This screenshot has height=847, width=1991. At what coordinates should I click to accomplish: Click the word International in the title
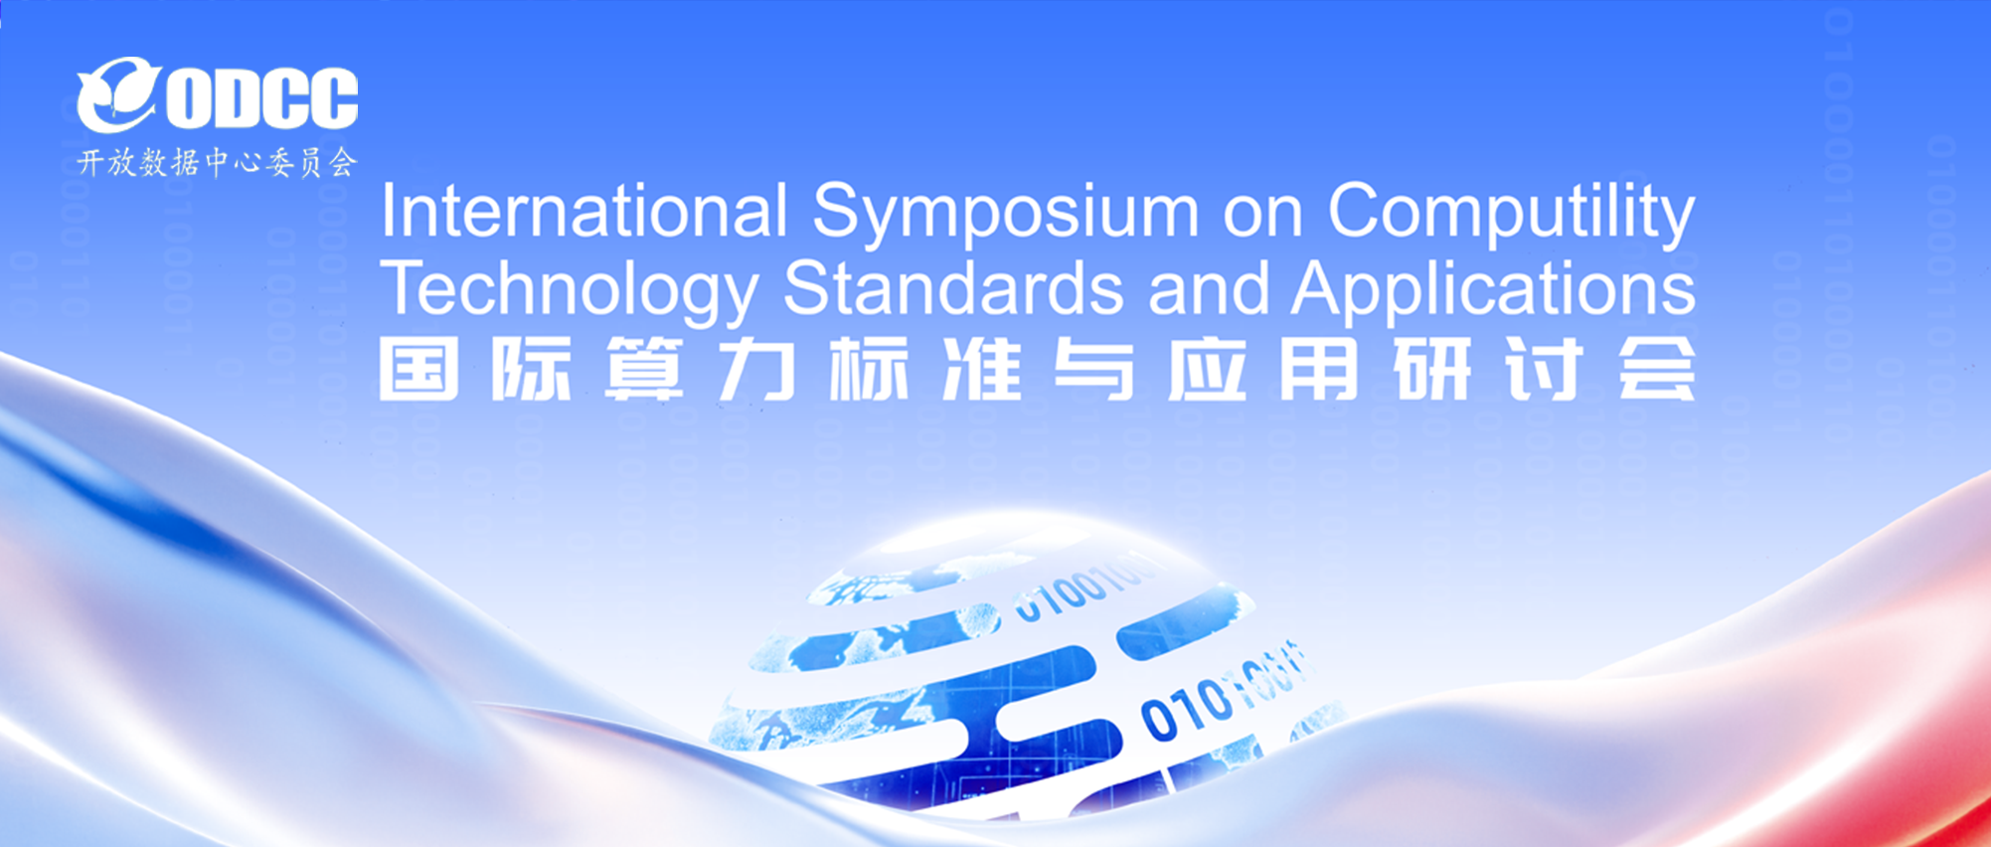point(583,211)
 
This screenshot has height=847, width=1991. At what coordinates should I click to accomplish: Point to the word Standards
point(952,288)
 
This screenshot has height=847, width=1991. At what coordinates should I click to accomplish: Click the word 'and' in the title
point(1209,288)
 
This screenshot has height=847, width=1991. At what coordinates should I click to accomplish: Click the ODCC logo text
point(261,98)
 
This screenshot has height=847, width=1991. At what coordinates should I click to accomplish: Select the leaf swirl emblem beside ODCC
point(116,94)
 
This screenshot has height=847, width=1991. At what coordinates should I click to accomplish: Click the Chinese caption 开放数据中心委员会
point(217,162)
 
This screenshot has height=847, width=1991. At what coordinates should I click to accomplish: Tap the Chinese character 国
point(418,369)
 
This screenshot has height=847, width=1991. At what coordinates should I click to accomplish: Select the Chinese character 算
point(644,369)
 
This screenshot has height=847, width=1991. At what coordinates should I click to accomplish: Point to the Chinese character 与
point(1093,369)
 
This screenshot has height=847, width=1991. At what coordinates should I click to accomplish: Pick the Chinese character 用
point(1318,369)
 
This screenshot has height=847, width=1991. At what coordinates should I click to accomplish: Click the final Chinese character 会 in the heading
point(1656,369)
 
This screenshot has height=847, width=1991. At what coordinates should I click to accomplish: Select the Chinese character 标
point(869,369)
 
